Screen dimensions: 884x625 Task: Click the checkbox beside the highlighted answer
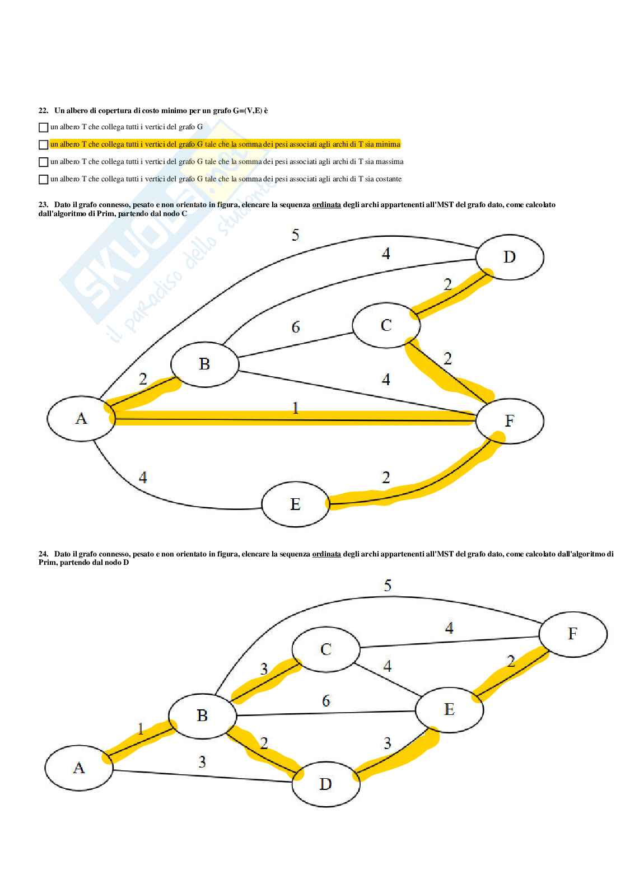click(43, 145)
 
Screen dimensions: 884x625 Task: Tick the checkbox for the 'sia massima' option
click(43, 162)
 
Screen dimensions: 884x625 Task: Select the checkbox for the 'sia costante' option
click(43, 180)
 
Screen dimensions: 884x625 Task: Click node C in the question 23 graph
click(386, 325)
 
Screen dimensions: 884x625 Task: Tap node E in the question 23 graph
click(295, 504)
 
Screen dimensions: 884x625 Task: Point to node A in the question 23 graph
click(81, 418)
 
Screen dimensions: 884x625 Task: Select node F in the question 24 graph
click(572, 634)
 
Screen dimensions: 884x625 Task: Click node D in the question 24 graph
click(325, 784)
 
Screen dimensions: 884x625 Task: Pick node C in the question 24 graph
click(326, 649)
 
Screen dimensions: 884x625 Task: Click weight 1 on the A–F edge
click(296, 408)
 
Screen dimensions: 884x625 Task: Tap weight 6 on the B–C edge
click(296, 327)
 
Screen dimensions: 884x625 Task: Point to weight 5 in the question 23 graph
click(295, 235)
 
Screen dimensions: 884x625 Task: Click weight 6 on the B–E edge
click(326, 701)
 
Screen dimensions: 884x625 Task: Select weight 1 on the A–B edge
click(141, 729)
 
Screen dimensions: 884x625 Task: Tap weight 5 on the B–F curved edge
click(388, 586)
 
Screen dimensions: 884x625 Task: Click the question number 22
click(43, 111)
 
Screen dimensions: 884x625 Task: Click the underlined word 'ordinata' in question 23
click(327, 205)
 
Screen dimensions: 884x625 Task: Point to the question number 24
click(43, 554)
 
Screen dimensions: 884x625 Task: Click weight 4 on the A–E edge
click(143, 478)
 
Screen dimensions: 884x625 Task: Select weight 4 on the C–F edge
click(449, 629)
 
